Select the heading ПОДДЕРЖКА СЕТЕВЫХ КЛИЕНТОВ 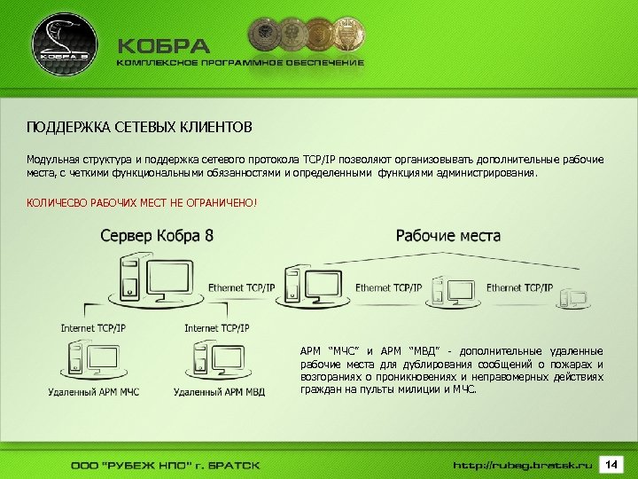point(139,127)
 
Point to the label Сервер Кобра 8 point(157,236)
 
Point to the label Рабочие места point(447,236)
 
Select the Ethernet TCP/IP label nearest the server point(242,288)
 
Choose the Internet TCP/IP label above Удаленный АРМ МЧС point(93,328)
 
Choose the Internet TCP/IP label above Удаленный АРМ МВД point(217,328)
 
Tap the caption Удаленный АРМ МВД point(219,391)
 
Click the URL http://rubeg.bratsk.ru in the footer point(522,465)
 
